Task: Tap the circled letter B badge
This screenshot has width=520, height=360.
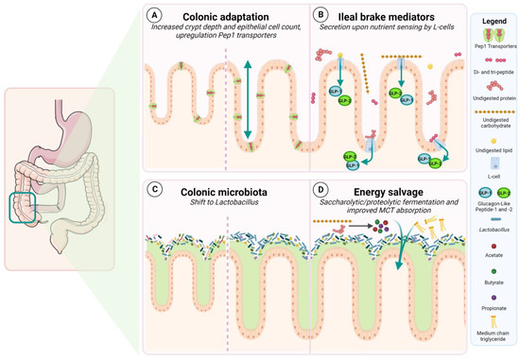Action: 321,15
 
